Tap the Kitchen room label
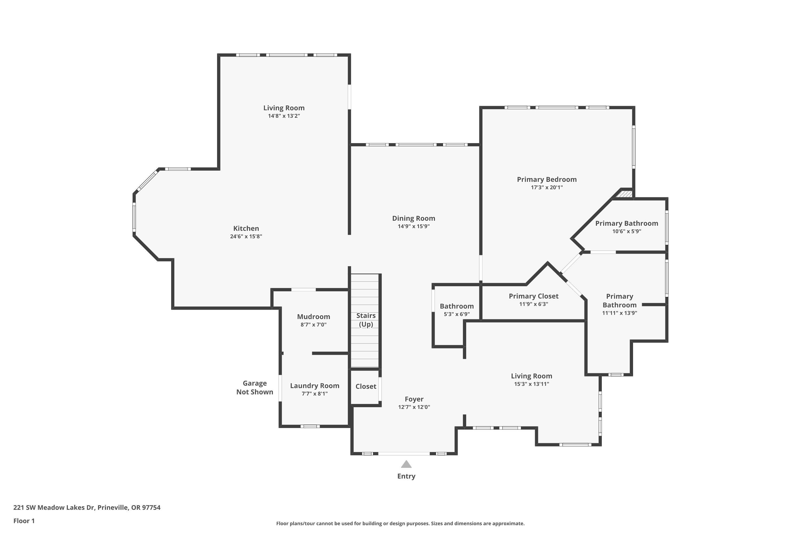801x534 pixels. click(x=246, y=229)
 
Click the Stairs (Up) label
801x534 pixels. click(x=366, y=320)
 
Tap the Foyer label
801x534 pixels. click(x=414, y=399)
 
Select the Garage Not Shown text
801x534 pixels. click(x=254, y=388)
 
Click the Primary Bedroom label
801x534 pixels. click(x=547, y=179)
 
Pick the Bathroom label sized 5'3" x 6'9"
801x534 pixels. click(x=456, y=306)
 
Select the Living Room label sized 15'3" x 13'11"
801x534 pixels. click(x=531, y=376)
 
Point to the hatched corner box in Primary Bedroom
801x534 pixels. click(x=625, y=194)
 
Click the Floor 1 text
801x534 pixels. click(x=24, y=521)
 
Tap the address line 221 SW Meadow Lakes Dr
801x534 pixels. click(x=87, y=508)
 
